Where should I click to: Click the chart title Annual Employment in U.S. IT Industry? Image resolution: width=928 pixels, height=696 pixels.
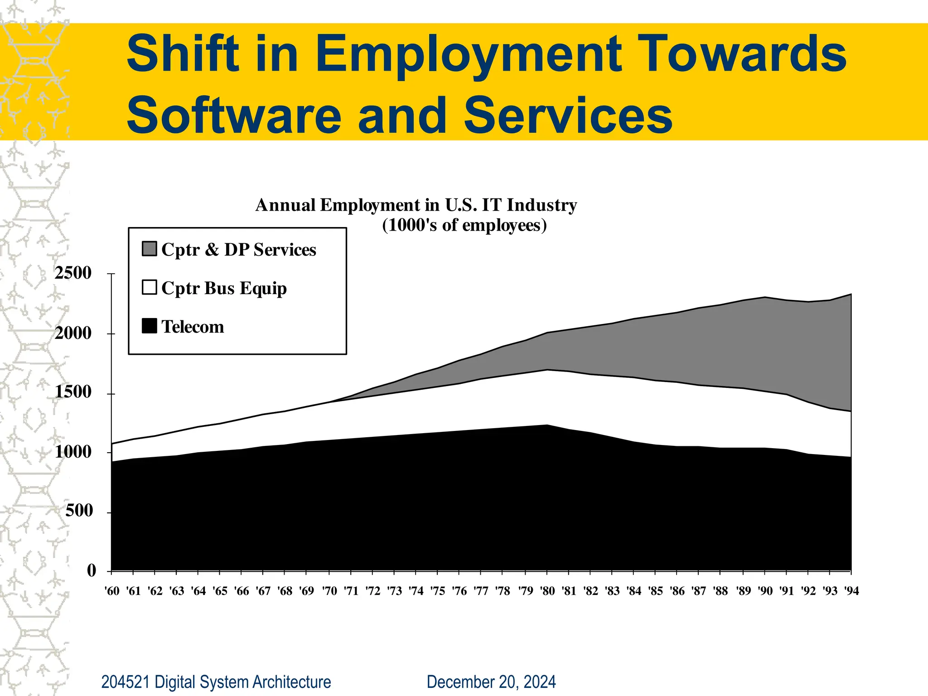click(416, 205)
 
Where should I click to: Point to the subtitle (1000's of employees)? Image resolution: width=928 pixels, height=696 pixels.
click(464, 225)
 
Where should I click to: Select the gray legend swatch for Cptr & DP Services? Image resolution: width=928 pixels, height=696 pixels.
click(150, 249)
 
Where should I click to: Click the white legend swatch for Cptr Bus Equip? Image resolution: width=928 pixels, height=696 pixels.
click(150, 287)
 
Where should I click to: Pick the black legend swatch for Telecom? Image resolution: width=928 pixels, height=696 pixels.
click(150, 326)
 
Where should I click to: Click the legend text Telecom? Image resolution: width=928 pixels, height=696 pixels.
click(193, 327)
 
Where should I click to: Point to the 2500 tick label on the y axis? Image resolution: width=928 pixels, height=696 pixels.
click(73, 273)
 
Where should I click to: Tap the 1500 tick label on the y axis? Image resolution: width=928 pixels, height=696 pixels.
click(73, 392)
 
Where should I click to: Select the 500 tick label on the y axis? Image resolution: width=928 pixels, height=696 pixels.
click(79, 511)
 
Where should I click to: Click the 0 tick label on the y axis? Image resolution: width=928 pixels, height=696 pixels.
click(92, 570)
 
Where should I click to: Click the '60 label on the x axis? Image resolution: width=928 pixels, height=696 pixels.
click(112, 591)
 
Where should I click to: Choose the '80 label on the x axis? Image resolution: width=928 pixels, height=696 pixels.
click(547, 591)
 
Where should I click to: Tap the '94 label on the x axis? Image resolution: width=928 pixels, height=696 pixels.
click(851, 591)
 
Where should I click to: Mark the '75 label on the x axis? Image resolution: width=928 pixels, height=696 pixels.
click(438, 591)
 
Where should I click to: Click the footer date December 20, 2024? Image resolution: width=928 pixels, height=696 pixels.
click(491, 682)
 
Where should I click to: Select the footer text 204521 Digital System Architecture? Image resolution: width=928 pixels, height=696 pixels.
click(216, 682)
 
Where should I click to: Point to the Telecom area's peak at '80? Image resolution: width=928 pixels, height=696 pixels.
click(547, 425)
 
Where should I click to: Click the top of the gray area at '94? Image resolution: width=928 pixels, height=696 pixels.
click(851, 295)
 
